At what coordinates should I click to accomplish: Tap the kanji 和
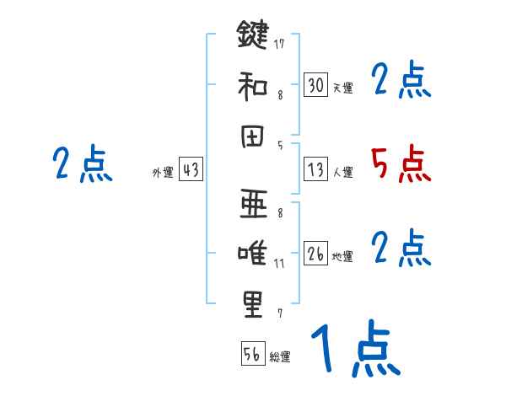click(x=252, y=85)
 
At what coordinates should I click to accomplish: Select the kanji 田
click(x=252, y=137)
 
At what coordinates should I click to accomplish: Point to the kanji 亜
click(x=252, y=202)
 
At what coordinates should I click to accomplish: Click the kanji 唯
click(x=252, y=254)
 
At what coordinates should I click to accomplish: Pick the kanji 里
click(x=252, y=304)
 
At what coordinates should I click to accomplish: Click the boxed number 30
click(x=315, y=85)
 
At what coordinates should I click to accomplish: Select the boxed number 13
click(x=315, y=169)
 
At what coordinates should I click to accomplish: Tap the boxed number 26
click(x=315, y=254)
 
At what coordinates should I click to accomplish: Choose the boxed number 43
click(x=190, y=170)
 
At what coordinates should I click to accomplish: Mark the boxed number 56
click(x=252, y=354)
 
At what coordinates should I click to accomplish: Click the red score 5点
click(x=401, y=163)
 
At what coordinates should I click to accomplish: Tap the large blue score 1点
click(x=355, y=350)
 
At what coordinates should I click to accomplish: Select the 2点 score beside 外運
click(x=82, y=163)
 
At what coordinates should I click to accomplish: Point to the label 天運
click(x=342, y=88)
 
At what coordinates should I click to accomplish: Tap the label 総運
click(x=280, y=357)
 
